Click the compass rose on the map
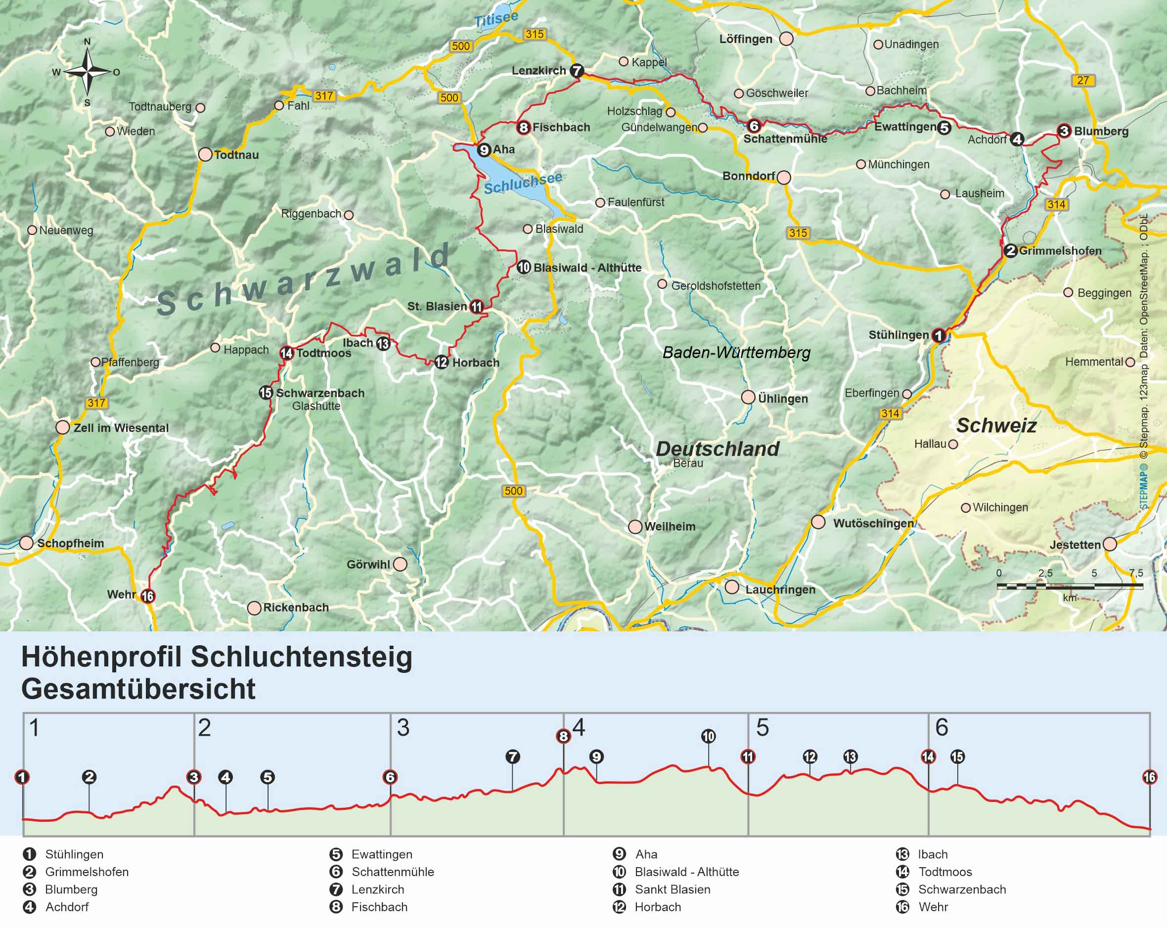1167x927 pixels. coord(87,71)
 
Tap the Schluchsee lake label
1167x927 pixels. coord(522,183)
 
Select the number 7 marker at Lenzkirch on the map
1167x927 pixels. coord(577,70)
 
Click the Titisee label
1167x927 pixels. coord(496,19)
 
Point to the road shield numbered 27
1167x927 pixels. coord(1082,81)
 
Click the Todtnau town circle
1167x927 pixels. coord(205,154)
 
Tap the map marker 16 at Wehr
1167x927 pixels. coord(148,596)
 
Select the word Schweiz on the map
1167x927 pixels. coord(996,425)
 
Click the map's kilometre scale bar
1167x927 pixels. coord(1069,585)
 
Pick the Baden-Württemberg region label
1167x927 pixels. coord(736,353)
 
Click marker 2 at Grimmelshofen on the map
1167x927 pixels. coord(1010,251)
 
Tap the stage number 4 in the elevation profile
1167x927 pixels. coord(579,727)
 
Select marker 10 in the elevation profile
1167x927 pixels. coord(708,736)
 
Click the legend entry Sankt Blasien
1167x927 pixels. coord(673,889)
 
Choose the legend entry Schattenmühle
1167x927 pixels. coord(393,872)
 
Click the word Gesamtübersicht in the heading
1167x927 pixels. coord(138,689)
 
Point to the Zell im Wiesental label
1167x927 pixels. coord(121,428)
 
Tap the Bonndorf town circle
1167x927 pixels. coord(783,177)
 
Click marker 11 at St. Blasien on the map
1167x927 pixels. coord(476,307)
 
